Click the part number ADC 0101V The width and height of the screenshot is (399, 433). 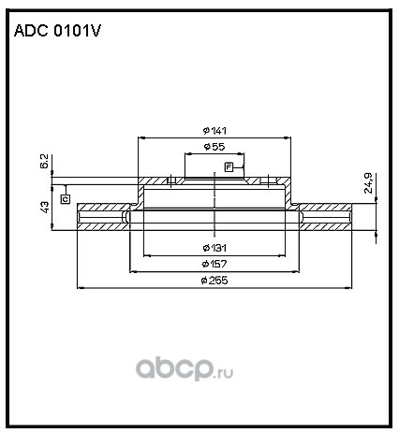coord(57,31)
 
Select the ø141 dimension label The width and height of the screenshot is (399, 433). coord(214,131)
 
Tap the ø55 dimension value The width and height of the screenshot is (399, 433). coord(214,147)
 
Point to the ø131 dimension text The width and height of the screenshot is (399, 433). coord(214,248)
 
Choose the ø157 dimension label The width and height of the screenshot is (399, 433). coord(214,264)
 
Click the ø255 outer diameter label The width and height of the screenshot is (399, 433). coord(214,281)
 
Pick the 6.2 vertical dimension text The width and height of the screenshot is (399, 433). coord(44,161)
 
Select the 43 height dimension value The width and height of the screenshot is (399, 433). coord(45,208)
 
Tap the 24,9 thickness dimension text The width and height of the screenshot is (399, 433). coord(369,183)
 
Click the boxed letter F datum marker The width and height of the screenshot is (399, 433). coord(229,167)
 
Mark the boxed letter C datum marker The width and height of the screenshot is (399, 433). coord(66,199)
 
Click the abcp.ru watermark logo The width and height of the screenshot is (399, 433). coord(185,368)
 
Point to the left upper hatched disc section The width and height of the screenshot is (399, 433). coord(104,207)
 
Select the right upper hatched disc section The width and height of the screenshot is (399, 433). coord(325,207)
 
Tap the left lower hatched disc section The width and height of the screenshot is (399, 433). coord(103,226)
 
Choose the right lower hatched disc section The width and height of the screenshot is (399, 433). coord(326,226)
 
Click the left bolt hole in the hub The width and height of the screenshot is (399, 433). coord(171,180)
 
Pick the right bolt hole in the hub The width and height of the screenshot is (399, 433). coord(269,180)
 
